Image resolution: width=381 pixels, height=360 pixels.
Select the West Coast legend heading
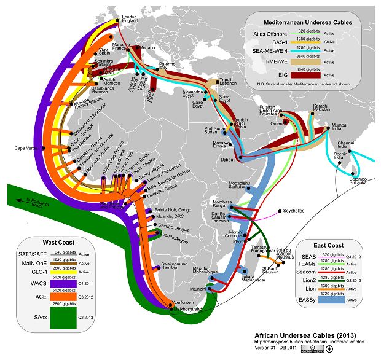58,241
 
